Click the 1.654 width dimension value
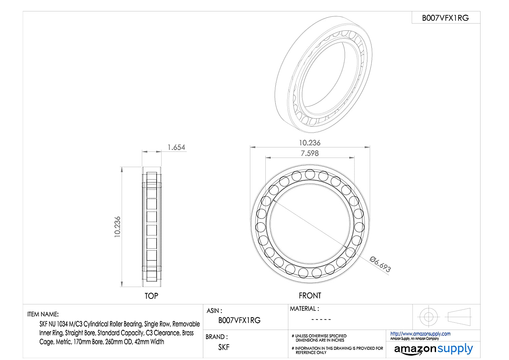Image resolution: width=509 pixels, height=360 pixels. coord(176,147)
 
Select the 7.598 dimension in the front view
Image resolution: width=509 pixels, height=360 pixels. coord(310,153)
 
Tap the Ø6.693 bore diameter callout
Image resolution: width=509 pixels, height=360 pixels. coord(380,264)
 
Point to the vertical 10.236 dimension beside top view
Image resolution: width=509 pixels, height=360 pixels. coord(117,227)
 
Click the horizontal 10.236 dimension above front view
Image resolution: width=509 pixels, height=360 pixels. coord(310,143)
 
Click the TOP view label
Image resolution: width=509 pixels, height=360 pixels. coord(151,296)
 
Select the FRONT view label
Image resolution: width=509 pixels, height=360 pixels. coord(310,295)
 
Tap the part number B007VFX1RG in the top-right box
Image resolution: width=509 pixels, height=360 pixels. coord(445,18)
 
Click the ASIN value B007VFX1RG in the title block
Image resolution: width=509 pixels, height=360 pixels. coord(239,320)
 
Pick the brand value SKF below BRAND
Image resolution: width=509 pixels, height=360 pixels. coord(224,347)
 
